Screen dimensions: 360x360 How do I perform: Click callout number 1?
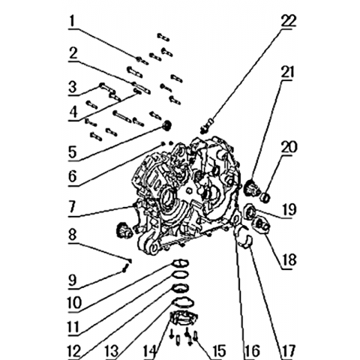point(72,21)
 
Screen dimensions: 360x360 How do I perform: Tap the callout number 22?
point(289,20)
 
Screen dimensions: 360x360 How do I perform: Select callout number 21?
point(287,72)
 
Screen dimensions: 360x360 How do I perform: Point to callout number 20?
point(289,147)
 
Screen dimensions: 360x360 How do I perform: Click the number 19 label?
point(289,209)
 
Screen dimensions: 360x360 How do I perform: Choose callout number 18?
point(289,259)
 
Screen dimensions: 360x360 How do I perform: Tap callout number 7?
point(72,206)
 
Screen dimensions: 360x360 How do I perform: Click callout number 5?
point(73,151)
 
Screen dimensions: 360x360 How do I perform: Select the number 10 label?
point(75,303)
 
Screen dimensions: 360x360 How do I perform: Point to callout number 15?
point(218,350)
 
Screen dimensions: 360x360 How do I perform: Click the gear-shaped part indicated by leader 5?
point(166,124)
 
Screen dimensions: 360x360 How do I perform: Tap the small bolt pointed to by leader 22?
point(206,126)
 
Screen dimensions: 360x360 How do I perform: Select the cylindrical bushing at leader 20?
point(265,197)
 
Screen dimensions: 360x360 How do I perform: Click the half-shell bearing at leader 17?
point(245,241)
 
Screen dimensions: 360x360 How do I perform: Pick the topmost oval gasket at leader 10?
point(180,263)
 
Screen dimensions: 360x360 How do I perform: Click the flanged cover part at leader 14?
point(184,319)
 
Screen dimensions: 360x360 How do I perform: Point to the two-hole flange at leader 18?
point(261,224)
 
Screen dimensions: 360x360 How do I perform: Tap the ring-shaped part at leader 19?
point(250,212)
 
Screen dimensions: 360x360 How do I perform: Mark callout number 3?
point(73,87)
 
